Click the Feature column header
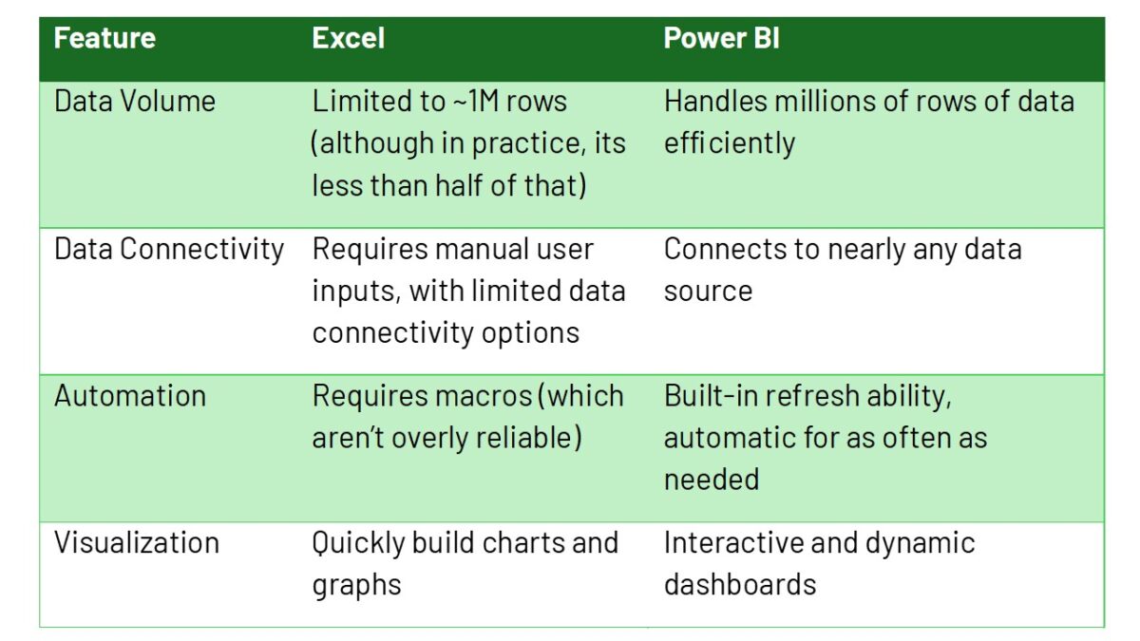pos(104,39)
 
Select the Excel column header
pos(349,39)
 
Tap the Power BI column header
pos(721,39)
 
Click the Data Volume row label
pos(135,102)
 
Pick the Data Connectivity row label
pos(169,250)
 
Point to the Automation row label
pos(130,396)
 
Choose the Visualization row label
pos(137,543)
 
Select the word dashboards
pos(739,584)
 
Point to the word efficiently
pos(729,143)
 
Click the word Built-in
pos(706,396)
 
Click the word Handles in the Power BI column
pos(708,102)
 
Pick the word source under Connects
pos(708,291)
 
